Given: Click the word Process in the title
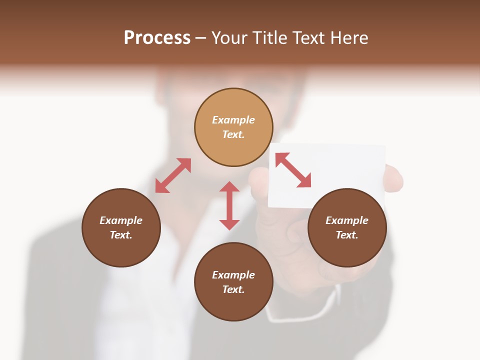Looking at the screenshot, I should pos(157,38).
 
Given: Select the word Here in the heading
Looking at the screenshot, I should pos(349,38).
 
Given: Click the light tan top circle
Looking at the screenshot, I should pos(233,127).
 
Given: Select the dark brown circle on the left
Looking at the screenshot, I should pos(121,227).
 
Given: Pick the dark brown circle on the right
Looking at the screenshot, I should pos(347,227).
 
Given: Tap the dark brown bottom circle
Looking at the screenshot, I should pos(233,281).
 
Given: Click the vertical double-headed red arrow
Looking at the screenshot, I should pos(229,205).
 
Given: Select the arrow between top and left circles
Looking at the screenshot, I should pos(173,175).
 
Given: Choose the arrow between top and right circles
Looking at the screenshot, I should pos(293,170).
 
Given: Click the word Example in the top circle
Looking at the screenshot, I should pos(233,120).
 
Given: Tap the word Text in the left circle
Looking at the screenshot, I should pos(121,235).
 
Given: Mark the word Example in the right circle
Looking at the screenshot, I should pos(347,220).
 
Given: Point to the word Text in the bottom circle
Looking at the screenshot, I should pos(233,289).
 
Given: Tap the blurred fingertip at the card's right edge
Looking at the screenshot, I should pos(394,179).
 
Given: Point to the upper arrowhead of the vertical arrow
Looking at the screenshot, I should pos(229,186).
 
